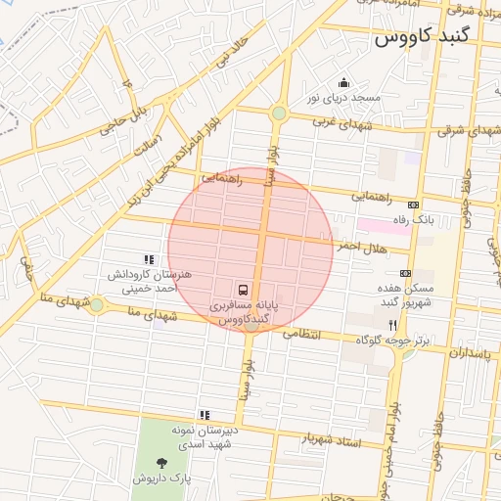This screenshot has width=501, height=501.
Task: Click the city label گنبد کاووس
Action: click(422, 38)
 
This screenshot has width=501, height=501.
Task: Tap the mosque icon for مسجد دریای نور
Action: click(343, 83)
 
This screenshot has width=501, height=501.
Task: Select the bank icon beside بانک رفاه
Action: click(414, 205)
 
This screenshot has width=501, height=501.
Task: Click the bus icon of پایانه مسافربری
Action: click(242, 290)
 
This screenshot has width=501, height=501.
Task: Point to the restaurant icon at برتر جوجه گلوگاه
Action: click(392, 325)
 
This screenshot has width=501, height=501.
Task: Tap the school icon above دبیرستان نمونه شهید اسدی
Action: click(205, 415)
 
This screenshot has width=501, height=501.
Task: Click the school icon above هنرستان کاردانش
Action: click(149, 260)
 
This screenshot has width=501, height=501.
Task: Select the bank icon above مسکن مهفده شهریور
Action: click(405, 274)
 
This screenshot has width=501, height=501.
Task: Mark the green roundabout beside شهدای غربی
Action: click(280, 114)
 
